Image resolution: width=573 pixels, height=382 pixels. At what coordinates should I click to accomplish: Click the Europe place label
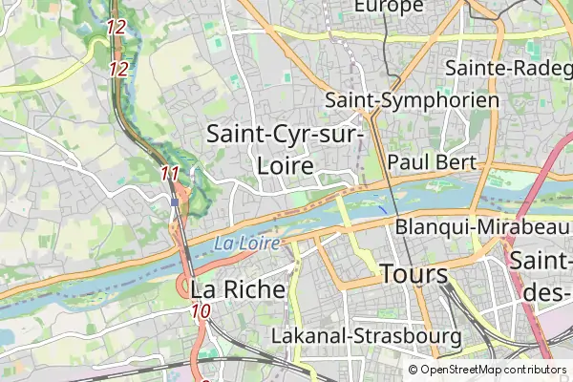[388, 7]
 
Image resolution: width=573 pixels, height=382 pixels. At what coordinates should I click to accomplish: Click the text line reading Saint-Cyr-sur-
[286, 135]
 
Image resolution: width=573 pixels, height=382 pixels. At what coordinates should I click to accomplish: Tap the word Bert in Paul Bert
[456, 162]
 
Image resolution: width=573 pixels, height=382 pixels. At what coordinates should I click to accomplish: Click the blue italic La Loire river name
[246, 244]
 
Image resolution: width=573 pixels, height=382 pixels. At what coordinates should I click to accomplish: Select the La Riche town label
[238, 288]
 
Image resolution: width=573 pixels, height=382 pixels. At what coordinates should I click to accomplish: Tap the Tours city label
[414, 275]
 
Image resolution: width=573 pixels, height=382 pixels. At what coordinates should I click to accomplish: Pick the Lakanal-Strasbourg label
[367, 337]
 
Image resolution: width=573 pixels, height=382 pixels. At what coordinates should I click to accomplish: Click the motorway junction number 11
[171, 173]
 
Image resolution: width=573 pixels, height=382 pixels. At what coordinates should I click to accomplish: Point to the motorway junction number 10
[201, 310]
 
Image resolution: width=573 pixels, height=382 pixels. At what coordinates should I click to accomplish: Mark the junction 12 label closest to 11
[119, 69]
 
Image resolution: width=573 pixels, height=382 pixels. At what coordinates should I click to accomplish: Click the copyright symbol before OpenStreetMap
[414, 370]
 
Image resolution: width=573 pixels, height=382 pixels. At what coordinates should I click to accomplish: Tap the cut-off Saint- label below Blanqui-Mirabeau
[541, 260]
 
